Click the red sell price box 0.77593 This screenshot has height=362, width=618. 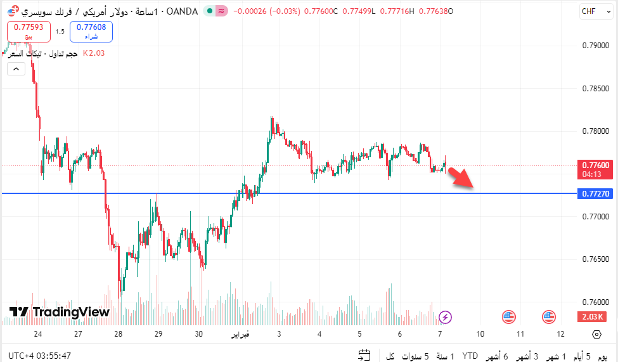[x=28, y=30]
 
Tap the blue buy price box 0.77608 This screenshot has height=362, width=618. [x=91, y=30]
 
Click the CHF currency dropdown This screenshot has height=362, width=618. [x=592, y=11]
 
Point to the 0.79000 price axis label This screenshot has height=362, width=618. [x=595, y=46]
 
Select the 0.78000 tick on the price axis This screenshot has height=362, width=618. [x=595, y=131]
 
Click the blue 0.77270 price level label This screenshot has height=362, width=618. [x=596, y=193]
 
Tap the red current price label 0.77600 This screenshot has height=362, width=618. [x=596, y=165]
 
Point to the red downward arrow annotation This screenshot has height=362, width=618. [x=461, y=178]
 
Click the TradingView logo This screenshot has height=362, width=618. [x=60, y=312]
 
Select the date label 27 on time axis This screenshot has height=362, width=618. [x=78, y=334]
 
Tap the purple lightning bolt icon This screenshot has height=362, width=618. [x=446, y=316]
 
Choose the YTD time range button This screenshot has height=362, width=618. [x=470, y=356]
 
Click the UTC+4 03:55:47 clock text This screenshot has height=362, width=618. [x=40, y=356]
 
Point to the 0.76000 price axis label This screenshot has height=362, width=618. [x=595, y=302]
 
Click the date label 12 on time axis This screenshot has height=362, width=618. [x=560, y=334]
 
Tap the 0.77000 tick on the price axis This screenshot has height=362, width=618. [x=595, y=217]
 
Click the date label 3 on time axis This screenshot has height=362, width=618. [x=279, y=334]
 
